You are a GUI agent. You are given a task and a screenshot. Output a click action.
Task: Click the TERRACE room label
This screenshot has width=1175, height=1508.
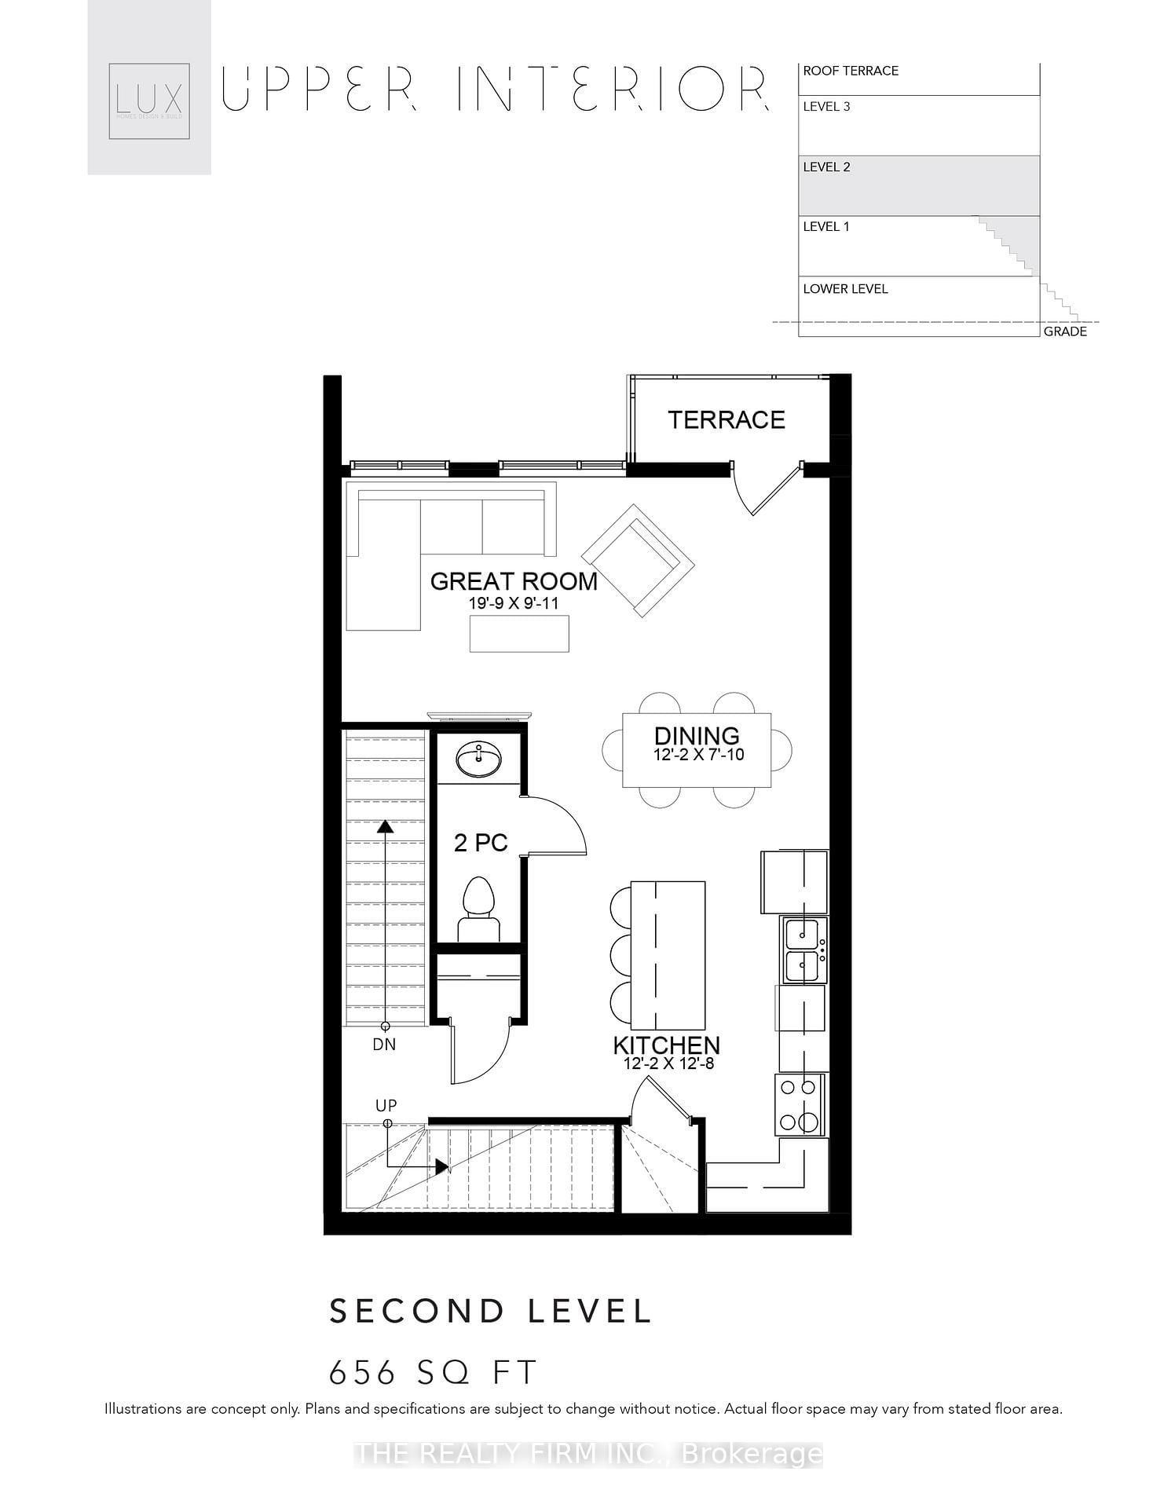pos(726,420)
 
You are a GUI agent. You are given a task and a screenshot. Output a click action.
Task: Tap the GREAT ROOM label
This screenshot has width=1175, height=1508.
pos(514,582)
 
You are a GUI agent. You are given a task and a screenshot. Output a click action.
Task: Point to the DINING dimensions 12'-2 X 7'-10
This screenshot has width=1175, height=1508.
pos(698,756)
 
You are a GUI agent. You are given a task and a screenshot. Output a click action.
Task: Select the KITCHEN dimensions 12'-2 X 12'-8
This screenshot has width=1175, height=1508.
pos(668,1064)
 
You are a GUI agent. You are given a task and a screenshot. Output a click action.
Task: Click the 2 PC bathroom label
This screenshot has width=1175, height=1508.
pos(481,843)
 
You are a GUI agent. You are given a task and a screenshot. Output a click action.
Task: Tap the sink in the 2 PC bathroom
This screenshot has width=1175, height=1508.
pos(478,760)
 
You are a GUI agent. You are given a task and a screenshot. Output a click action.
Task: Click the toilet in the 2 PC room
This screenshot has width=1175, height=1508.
pos(478,907)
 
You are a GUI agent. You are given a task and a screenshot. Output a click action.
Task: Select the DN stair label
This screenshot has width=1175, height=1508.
pos(384,1045)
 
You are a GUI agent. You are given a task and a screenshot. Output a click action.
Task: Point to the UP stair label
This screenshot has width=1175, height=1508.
pos(386,1105)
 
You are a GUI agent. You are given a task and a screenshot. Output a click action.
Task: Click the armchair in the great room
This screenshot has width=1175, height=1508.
pos(638,560)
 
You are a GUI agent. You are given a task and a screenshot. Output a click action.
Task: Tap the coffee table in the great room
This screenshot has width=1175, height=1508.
pos(519,634)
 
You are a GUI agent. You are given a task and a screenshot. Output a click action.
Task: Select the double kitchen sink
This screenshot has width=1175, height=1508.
pos(803,950)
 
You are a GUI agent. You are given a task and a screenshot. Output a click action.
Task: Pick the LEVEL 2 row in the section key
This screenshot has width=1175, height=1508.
pos(918,185)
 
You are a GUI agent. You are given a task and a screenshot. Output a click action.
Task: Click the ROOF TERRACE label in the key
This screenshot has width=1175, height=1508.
pos(850,71)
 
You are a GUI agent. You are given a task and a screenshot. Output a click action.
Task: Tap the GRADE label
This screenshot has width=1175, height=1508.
pos(1065,331)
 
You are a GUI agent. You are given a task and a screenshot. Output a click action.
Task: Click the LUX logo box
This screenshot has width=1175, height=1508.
pos(149,101)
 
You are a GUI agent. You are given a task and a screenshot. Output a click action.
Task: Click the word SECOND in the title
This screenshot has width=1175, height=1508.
pos(416,1312)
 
